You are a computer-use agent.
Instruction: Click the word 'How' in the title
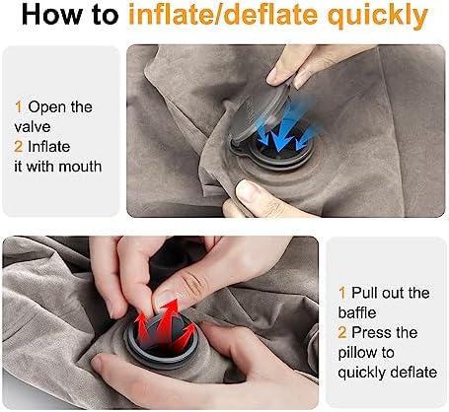click(x=54, y=15)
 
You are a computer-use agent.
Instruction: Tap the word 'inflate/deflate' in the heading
click(x=223, y=15)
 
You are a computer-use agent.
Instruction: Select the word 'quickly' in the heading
click(x=377, y=17)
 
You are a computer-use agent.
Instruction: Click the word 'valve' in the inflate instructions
click(x=33, y=127)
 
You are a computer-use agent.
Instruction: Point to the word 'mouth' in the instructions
click(x=80, y=167)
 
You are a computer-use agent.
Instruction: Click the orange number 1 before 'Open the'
click(x=19, y=107)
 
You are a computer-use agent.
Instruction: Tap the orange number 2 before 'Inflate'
click(x=19, y=147)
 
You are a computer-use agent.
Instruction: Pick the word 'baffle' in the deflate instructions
click(x=357, y=312)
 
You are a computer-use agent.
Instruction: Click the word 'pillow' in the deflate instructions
click(x=358, y=354)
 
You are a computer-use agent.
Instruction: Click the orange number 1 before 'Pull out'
click(x=342, y=293)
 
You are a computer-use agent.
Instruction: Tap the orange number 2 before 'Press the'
click(x=342, y=332)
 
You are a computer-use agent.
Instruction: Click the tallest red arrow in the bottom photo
click(x=169, y=317)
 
